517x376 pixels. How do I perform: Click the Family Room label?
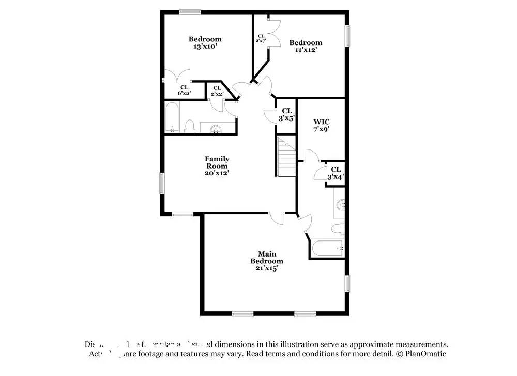pos(217,166)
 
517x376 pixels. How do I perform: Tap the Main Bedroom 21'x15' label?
pos(267,261)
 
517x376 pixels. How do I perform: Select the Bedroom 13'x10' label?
pos(205,42)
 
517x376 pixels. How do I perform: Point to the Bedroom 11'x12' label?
pos(306,46)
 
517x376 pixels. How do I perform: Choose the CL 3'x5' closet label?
pos(286,114)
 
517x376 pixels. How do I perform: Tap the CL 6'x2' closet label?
pos(184,90)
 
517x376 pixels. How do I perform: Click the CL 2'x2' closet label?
pos(217,91)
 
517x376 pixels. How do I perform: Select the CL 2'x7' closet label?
pos(261,38)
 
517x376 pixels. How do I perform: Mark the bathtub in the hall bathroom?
pos(172,117)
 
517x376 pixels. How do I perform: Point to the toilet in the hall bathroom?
pos(189,126)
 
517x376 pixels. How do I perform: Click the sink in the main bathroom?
pos(340,204)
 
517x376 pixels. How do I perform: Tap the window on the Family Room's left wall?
pos(162,183)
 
